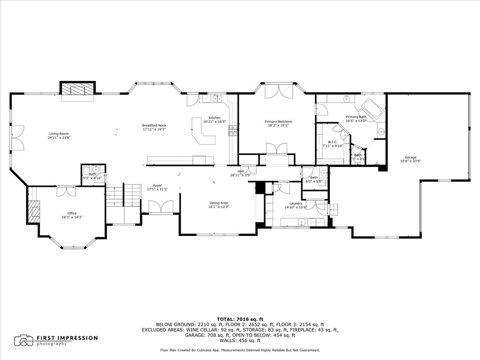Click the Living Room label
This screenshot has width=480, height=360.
point(59,134)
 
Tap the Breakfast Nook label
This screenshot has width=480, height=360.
point(154,126)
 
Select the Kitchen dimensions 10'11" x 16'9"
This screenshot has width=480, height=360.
point(214,122)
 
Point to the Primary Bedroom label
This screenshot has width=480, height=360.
point(278,122)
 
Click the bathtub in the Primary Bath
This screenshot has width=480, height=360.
point(373,109)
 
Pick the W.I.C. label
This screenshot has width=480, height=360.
point(333,142)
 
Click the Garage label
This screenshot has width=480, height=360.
point(410,157)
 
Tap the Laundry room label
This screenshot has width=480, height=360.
point(296,204)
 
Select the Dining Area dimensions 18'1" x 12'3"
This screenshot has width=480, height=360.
point(219,207)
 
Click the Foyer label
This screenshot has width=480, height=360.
point(157,186)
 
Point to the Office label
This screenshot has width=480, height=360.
point(72,213)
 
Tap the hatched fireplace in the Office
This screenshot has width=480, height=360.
point(34,212)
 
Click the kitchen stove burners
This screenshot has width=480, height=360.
point(233,130)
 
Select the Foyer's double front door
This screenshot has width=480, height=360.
point(161,206)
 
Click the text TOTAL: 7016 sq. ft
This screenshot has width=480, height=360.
point(240,319)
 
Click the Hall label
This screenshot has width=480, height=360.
point(240,171)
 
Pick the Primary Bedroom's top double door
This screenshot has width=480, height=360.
point(278,92)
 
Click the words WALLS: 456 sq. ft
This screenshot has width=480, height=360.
point(240,340)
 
